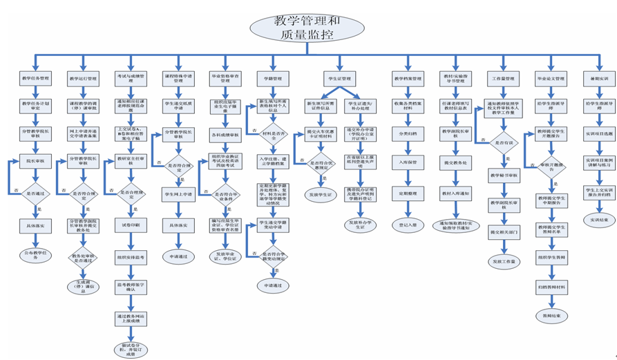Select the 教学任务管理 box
click(35, 79)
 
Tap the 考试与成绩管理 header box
click(131, 78)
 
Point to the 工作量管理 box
click(502, 79)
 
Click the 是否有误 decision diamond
click(503, 142)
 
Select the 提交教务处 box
click(455, 162)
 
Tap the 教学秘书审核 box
click(503, 175)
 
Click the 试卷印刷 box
click(131, 225)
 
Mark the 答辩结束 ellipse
click(551, 315)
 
